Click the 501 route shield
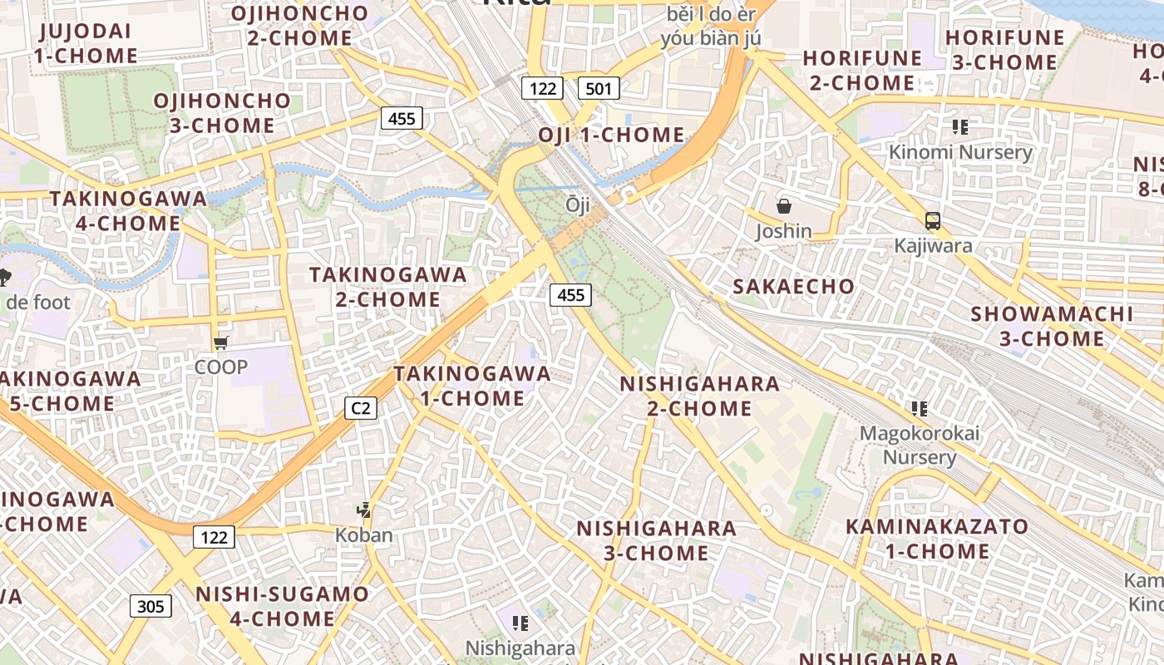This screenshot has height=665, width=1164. point(599,87)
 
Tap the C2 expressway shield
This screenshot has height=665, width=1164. point(361,408)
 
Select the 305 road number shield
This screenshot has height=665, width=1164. point(150,606)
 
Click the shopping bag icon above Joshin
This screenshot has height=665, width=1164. point(783,206)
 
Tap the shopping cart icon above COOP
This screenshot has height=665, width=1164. point(220,342)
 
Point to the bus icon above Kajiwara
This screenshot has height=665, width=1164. point(933,221)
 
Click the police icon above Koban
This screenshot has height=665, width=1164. point(363,510)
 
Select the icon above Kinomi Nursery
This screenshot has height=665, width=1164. point(960,127)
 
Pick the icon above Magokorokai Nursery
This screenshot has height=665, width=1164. point(919,408)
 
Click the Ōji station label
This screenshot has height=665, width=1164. point(577,204)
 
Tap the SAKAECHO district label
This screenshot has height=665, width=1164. point(793,287)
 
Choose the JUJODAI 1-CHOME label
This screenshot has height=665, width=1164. point(86,44)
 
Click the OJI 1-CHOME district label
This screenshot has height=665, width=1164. point(611,135)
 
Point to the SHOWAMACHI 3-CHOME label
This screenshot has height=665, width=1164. point(1052,326)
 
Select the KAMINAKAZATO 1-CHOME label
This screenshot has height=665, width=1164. point(937,539)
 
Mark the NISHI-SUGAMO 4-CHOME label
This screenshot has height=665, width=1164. point(282,606)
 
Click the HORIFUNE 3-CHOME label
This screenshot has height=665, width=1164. point(1004,50)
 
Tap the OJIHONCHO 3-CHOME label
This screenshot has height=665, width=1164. point(222,113)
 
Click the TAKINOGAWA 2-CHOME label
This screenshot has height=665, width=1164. point(387,287)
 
